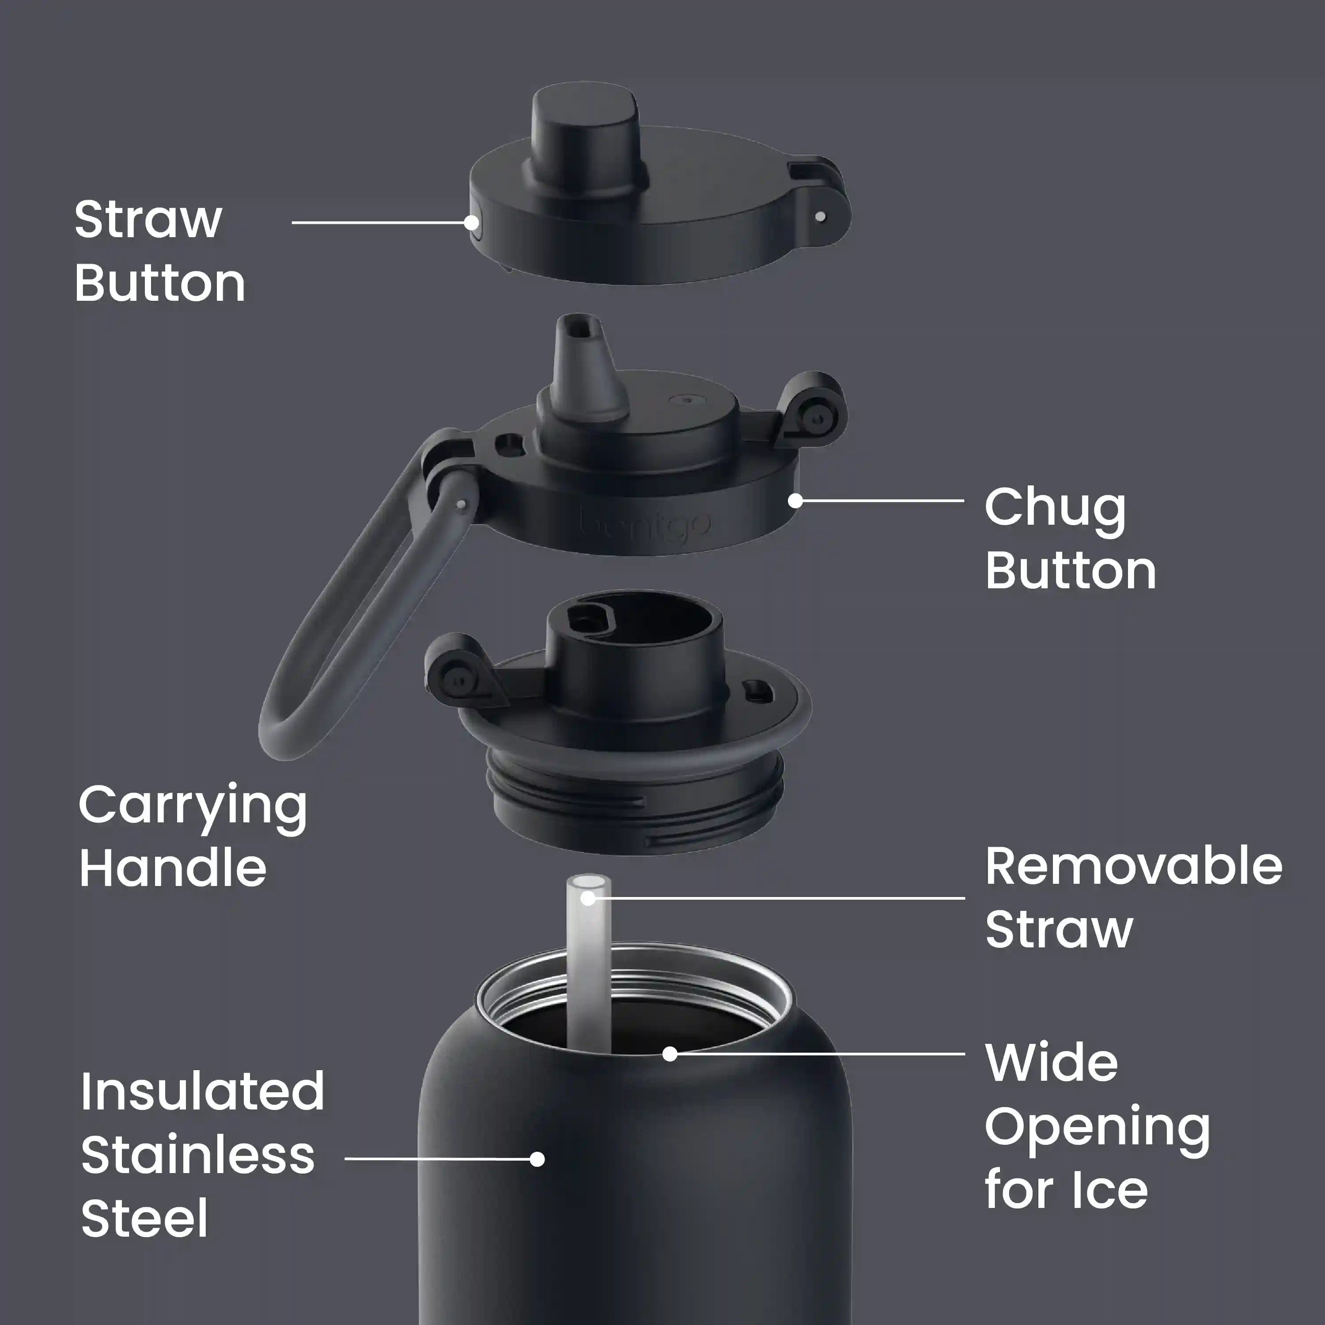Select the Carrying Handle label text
[193, 836]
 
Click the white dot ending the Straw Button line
[471, 222]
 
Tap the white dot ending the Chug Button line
[795, 501]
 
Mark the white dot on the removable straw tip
[588, 898]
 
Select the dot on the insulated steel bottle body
[538, 1159]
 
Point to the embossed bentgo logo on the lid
[645, 525]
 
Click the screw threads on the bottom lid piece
[634, 803]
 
